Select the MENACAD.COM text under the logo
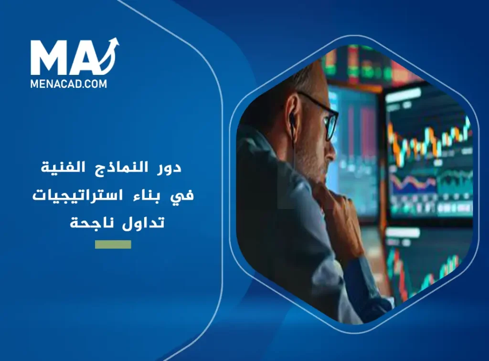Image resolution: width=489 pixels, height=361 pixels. click(69, 84)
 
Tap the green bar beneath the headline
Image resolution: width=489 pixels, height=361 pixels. click(113, 245)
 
